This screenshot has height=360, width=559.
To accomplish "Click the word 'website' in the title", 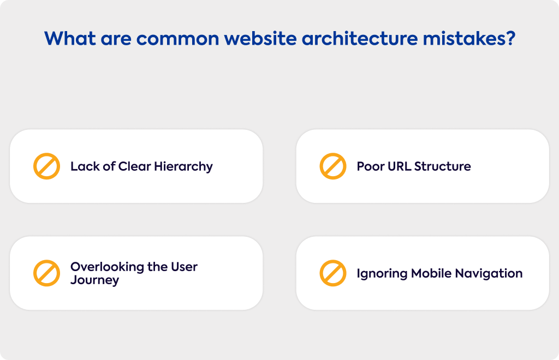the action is click(260, 39).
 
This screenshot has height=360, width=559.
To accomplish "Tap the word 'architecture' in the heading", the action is click(360, 39).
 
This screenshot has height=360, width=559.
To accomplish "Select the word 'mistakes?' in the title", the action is click(469, 39).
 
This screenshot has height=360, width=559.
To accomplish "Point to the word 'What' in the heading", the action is click(70, 39).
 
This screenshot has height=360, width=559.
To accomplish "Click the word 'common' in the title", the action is click(177, 39).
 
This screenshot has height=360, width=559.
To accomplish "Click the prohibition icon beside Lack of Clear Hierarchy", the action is click(47, 166).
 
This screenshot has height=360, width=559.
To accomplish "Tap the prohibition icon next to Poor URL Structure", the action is click(333, 166).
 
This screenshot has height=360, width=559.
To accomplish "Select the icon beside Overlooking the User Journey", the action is click(47, 273).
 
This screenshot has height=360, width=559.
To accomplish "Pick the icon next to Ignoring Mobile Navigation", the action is click(333, 273).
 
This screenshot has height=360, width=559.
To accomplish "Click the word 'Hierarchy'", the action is click(183, 167).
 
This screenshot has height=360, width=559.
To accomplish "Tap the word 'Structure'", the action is click(442, 166).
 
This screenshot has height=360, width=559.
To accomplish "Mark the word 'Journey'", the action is click(94, 280).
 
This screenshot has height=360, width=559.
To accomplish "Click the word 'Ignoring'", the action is click(382, 274).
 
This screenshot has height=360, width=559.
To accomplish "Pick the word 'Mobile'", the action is click(431, 273).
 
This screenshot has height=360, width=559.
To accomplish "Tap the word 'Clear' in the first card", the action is click(135, 166).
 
